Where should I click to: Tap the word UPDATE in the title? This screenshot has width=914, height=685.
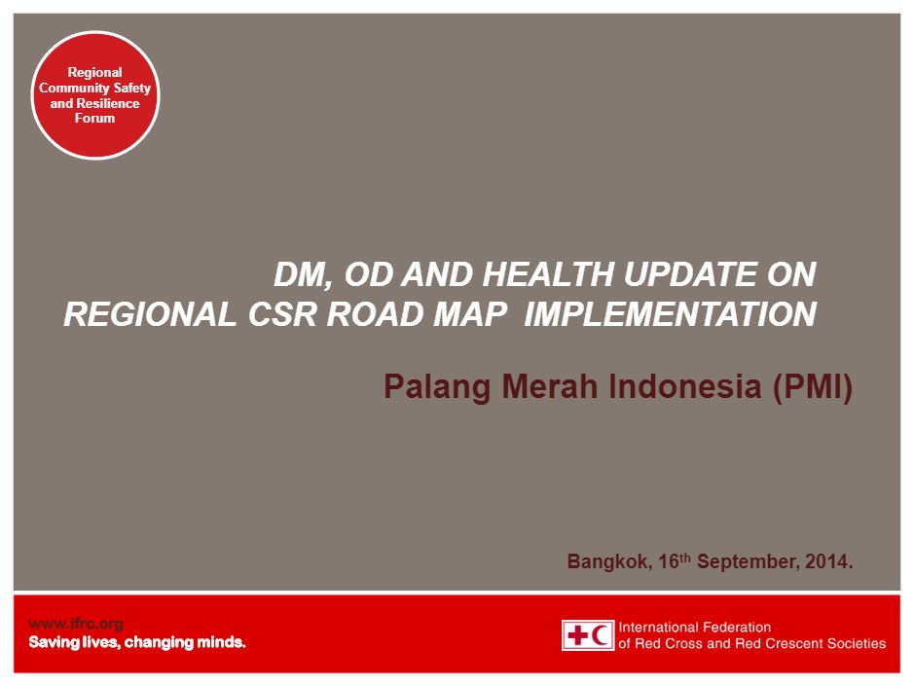[x=690, y=274]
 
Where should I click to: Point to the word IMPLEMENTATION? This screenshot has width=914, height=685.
[x=671, y=314]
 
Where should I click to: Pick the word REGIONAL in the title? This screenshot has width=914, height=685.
[x=150, y=314]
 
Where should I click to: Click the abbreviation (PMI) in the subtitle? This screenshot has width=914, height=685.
[x=813, y=386]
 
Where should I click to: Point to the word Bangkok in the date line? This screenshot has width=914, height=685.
[x=609, y=561]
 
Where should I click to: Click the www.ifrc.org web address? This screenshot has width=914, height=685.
[x=76, y=625]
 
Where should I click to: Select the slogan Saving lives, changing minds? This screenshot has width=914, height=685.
[x=137, y=642]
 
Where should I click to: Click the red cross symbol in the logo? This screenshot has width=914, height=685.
[x=577, y=635]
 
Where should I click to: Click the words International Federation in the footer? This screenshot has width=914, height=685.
[x=695, y=628]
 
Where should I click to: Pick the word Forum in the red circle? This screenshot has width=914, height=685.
[x=94, y=119]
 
